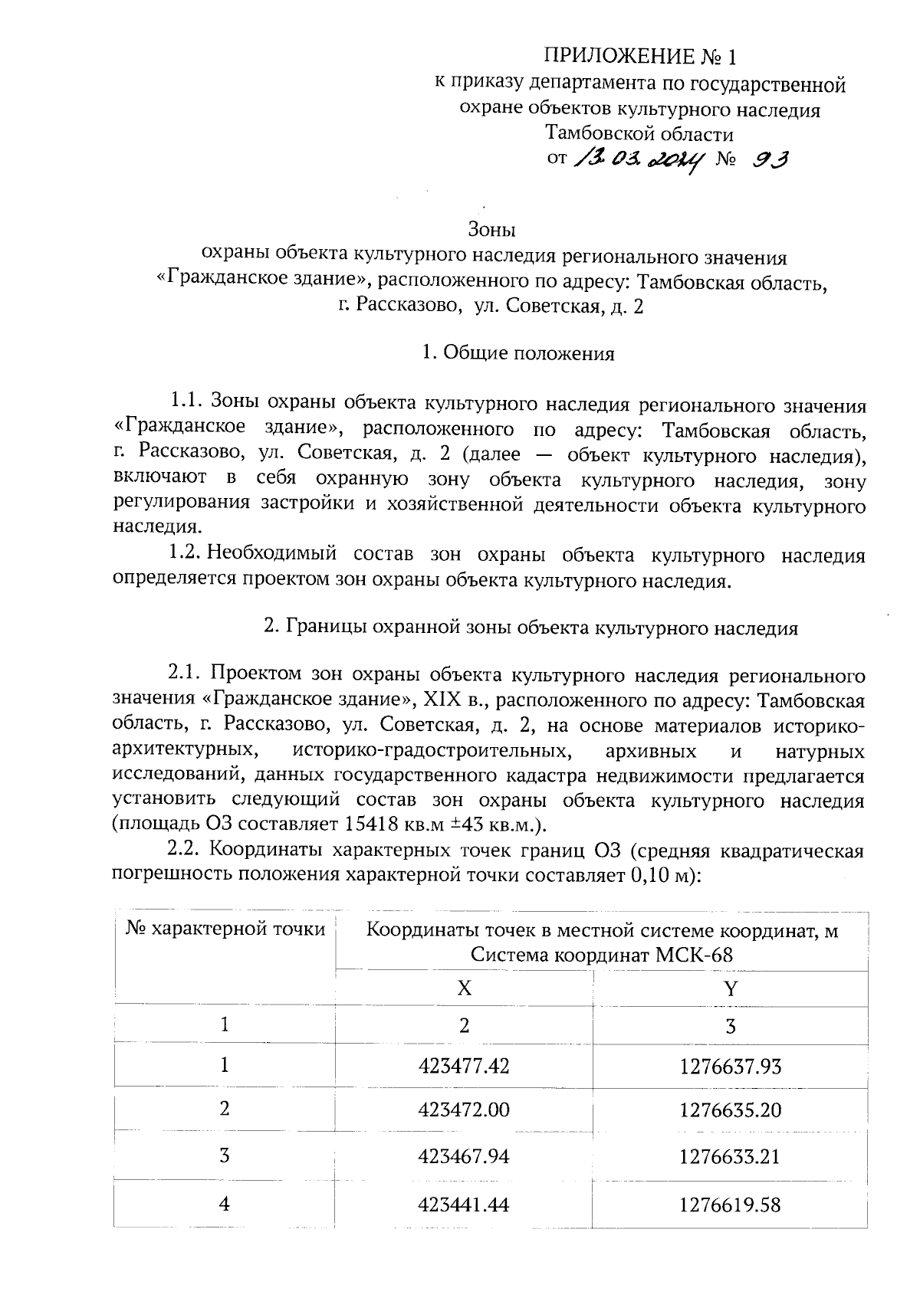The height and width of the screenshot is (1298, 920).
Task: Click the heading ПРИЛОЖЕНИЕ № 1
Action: point(639,57)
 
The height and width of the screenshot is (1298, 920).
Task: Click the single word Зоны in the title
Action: point(491,229)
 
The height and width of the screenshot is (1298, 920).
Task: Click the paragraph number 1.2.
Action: point(185,554)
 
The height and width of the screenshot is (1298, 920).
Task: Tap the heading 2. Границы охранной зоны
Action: point(531,628)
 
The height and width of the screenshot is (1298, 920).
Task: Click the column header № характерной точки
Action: point(225,929)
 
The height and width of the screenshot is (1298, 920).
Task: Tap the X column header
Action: point(464,988)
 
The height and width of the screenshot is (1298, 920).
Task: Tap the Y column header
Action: point(730,988)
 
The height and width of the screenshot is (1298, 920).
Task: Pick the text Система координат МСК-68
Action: point(602,955)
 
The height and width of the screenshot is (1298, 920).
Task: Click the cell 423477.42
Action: point(464,1065)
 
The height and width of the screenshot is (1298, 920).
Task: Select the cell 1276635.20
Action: point(730,1110)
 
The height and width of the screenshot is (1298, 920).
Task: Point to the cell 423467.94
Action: point(464,1155)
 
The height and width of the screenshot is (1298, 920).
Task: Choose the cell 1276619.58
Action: point(730,1205)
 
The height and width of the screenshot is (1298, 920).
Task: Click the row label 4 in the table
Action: point(224,1204)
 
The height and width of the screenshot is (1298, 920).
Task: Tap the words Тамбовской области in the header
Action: point(639,134)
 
